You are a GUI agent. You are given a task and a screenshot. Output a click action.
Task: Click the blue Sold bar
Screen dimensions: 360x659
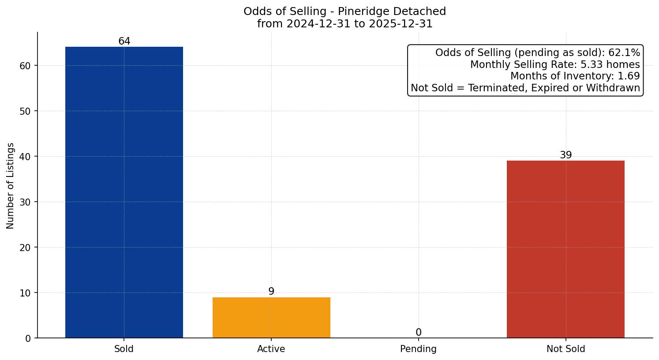pos(124,192)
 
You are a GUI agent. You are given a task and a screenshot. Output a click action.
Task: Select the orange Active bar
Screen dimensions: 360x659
pos(271,318)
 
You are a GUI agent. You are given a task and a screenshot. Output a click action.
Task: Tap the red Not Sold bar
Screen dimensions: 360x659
pos(565,249)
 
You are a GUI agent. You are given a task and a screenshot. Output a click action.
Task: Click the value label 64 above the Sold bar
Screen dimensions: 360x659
pos(124,41)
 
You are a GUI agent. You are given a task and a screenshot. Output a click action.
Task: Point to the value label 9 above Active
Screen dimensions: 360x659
pos(271,292)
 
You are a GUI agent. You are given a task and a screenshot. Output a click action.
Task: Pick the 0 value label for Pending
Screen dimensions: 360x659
pos(418,333)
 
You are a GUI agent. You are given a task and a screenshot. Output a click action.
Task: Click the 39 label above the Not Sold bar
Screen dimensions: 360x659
pos(565,155)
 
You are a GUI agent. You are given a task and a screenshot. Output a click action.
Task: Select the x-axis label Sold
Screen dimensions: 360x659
pos(124,349)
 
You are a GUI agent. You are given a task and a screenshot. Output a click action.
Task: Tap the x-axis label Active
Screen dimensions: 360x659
pos(271,349)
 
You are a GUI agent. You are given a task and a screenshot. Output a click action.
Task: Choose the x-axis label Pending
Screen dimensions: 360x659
pos(418,349)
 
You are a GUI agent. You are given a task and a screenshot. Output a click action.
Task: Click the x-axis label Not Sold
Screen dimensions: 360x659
pos(565,349)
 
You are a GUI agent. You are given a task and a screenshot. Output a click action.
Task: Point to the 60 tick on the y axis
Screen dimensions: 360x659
pos(26,66)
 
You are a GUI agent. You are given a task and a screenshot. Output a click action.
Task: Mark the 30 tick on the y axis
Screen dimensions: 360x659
pos(26,202)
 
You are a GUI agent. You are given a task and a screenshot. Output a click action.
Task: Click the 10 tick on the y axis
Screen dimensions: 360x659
pos(26,293)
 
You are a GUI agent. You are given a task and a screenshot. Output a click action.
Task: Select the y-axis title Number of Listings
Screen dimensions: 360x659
pos(11,185)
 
